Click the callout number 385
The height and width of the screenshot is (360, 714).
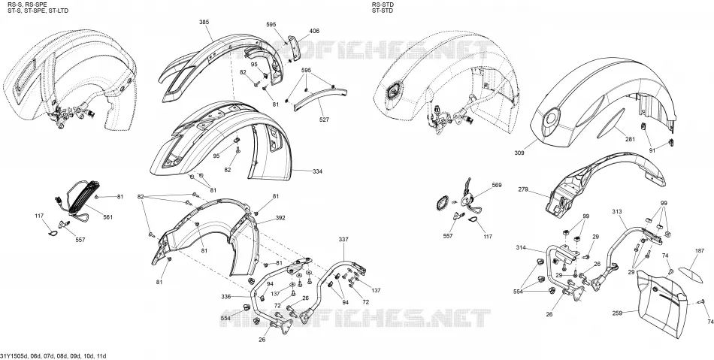coord(204,23)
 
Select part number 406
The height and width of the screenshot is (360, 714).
coord(314,31)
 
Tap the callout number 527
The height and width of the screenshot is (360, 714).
coord(324,119)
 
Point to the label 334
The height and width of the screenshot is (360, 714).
coord(317,171)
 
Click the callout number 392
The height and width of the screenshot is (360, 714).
coord(280,218)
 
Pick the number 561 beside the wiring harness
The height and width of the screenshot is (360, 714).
coord(108,217)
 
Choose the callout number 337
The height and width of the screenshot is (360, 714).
coord(343,240)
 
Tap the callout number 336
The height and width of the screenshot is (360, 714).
coord(226,296)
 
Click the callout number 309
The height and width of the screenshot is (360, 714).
coord(519,153)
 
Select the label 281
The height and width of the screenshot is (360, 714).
coord(630,139)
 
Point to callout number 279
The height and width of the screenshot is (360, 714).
coord(523,189)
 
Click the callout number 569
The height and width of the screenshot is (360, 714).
coord(497,185)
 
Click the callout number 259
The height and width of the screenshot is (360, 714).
coord(618,313)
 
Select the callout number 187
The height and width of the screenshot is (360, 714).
coord(700,251)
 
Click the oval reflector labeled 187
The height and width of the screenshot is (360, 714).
coord(690,274)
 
